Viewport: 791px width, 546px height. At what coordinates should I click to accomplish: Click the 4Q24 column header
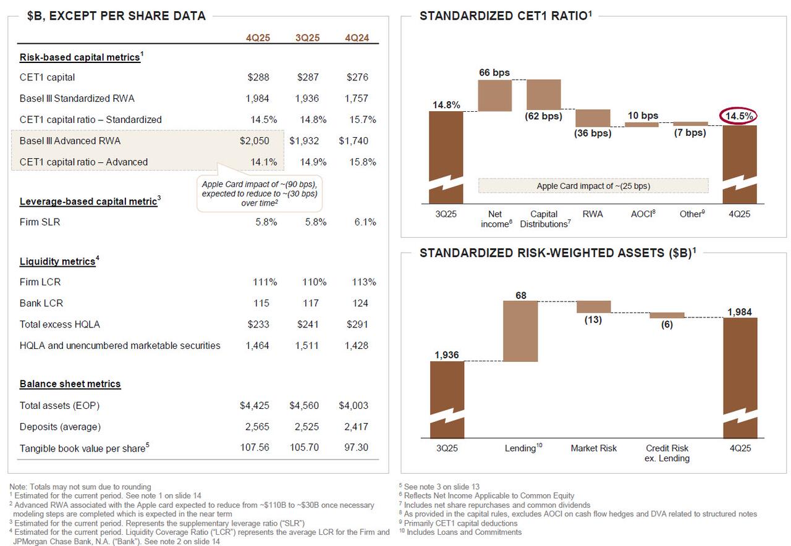point(357,38)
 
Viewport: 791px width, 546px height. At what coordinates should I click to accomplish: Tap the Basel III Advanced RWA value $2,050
point(255,141)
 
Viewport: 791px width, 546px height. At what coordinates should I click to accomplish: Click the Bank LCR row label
point(41,303)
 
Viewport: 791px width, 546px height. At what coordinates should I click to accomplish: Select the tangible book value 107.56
point(255,448)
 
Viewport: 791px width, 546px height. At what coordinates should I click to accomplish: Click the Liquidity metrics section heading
point(56,261)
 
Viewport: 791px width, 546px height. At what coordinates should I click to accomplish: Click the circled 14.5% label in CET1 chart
point(740,116)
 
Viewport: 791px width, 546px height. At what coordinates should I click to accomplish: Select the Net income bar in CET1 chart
point(495,96)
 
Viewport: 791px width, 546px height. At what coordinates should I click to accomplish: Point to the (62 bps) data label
point(543,116)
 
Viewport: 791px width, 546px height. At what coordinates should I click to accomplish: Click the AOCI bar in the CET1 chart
point(641,124)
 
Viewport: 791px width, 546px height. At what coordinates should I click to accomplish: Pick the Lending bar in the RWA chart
point(520,331)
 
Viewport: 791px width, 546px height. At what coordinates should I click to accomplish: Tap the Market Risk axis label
point(593,448)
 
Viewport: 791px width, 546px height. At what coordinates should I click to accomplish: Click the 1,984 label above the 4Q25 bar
point(740,312)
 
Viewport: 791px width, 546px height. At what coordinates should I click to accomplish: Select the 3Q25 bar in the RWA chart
point(447,395)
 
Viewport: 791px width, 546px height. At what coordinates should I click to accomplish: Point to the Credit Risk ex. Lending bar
point(667,315)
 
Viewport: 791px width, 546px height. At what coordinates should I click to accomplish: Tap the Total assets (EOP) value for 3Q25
point(304,406)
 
